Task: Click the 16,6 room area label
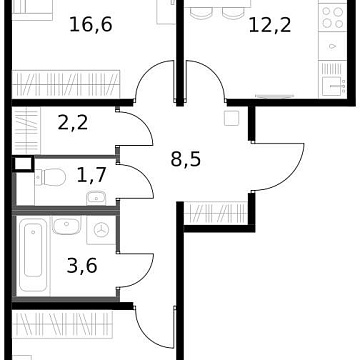pyautogui.click(x=90, y=23)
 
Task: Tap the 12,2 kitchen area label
pyautogui.click(x=270, y=23)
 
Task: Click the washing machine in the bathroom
pyautogui.click(x=100, y=230)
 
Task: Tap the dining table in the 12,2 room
pyautogui.click(x=215, y=12)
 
